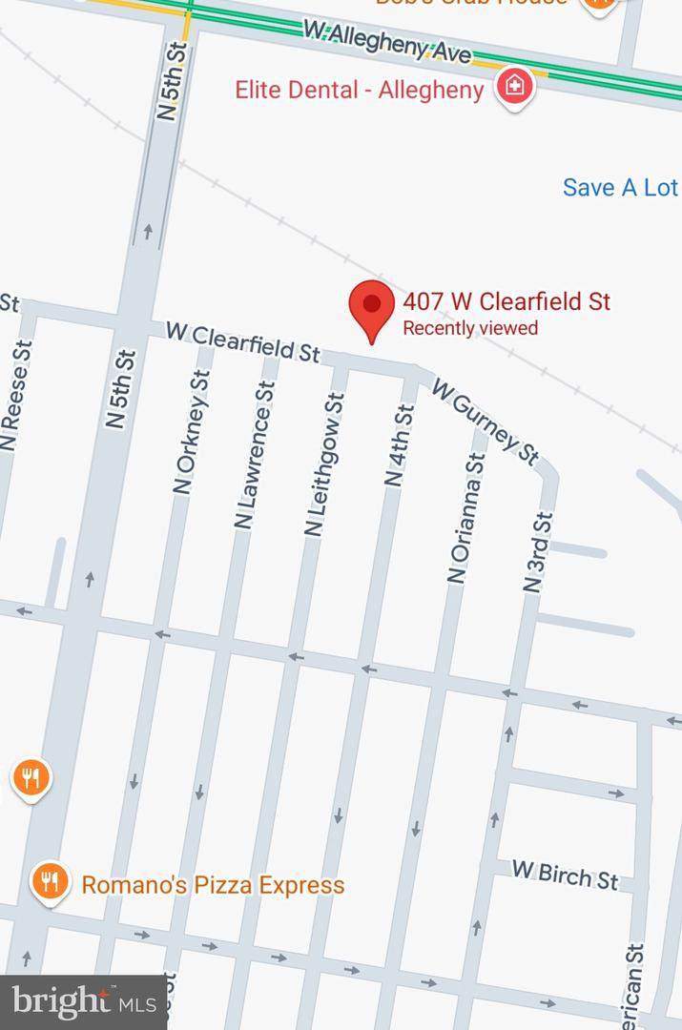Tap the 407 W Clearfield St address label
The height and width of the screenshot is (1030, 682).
coord(506,302)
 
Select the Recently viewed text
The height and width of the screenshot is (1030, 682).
coord(470,329)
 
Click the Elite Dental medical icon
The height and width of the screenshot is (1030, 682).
coord(515,87)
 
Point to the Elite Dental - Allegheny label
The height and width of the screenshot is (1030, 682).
coord(360,91)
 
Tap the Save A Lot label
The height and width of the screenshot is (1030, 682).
coord(620,188)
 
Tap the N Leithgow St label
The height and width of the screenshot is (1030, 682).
coord(324,463)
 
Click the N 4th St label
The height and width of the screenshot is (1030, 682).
coord(399,446)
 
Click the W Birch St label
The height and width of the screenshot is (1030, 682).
coord(565,875)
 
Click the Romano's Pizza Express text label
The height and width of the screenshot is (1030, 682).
coord(213,885)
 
